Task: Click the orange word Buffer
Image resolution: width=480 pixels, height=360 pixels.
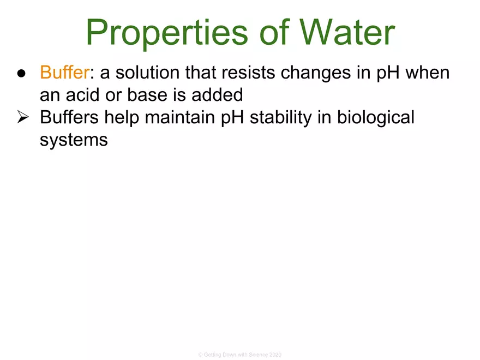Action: pyautogui.click(x=64, y=73)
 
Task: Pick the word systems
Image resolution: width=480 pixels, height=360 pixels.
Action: pyautogui.click(x=74, y=140)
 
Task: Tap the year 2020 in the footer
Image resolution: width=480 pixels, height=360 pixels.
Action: pyautogui.click(x=275, y=355)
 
